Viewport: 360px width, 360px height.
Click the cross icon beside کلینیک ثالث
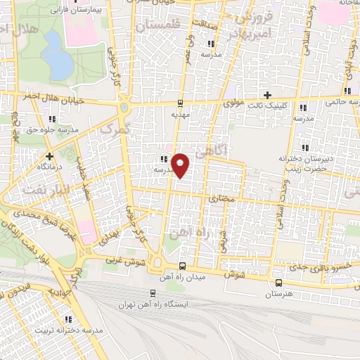coord(266,95)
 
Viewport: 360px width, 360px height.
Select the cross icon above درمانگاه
coord(49,156)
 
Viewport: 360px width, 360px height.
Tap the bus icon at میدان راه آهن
coord(183,266)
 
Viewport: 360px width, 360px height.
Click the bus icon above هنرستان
coord(278,283)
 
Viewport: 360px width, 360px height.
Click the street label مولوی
coord(233,103)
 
